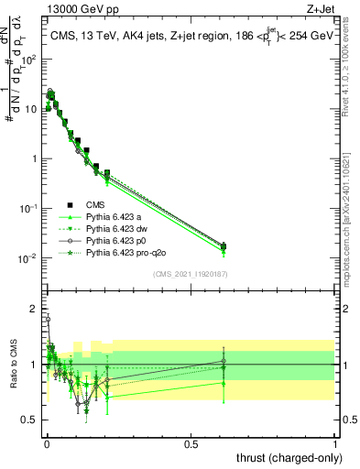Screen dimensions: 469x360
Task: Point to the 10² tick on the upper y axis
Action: pos(28,60)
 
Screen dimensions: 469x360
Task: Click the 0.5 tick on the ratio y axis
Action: pos(30,420)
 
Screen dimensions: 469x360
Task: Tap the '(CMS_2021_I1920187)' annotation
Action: pos(191,274)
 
